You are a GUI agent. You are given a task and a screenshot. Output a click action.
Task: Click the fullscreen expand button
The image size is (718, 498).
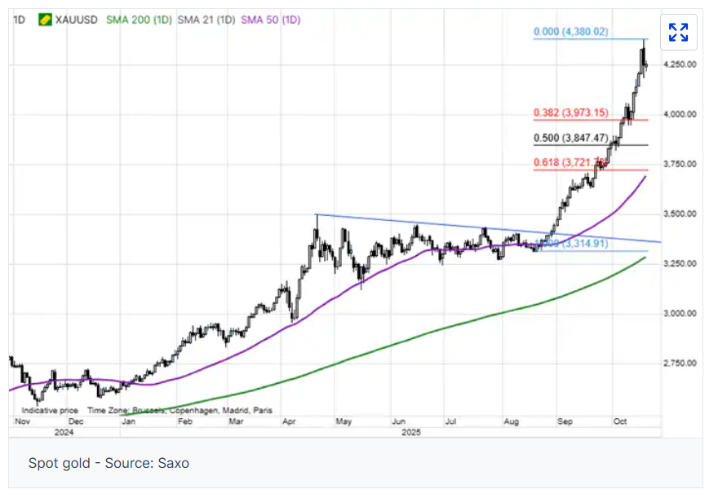coord(678,33)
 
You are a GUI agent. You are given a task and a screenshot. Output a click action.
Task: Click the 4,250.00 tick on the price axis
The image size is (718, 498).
coord(680,64)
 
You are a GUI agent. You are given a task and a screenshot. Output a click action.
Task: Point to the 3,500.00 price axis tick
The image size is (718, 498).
coord(680,214)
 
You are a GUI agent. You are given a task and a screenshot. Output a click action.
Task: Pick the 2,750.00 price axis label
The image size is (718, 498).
coord(680,364)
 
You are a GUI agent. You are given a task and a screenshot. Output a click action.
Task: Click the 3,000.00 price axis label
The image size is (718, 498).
coord(680,314)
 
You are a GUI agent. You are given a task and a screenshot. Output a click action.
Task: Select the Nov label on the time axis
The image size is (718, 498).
coord(22,422)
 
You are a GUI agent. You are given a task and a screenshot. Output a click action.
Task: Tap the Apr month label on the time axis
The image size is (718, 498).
coord(289,422)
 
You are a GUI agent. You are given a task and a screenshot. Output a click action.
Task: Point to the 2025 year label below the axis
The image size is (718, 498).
coord(411,432)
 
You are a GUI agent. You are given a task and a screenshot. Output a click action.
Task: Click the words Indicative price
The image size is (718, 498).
coord(51,411)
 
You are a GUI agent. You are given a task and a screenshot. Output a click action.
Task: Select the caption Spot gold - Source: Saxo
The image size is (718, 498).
coord(109,463)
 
